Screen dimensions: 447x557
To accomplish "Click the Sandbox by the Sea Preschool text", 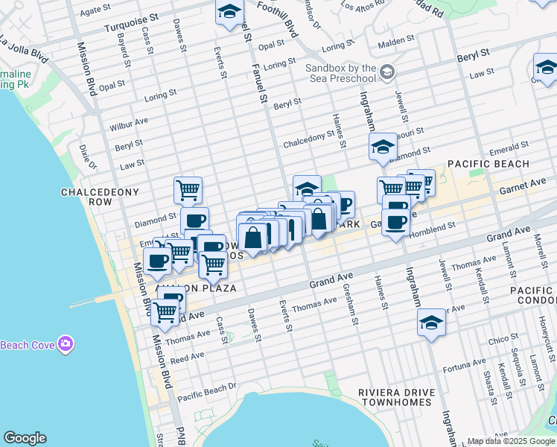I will pos(340,73).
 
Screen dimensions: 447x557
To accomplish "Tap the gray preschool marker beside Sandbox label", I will pos(386,72).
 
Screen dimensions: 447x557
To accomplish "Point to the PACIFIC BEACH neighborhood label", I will pos(488,164).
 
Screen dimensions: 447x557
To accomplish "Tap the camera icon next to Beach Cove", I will pos(66,343).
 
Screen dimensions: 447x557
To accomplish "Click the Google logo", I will pos(25,438).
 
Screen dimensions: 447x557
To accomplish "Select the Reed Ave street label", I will pos(187,358).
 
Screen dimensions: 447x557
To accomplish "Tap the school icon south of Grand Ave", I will pos(430,323).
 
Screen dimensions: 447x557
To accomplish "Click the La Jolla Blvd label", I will pos(24,48).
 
